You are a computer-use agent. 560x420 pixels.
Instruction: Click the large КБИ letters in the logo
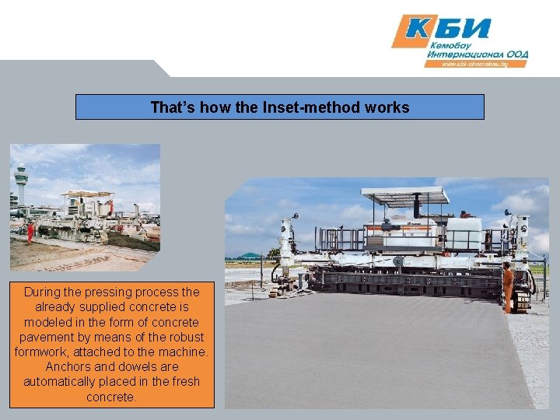(x=450, y=29)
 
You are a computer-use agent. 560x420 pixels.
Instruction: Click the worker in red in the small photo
(x=30, y=232)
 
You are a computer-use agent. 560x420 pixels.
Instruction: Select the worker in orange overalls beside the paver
(x=508, y=286)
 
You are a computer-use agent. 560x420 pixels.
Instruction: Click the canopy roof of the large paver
(x=404, y=194)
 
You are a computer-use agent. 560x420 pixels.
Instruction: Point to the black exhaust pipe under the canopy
(x=416, y=208)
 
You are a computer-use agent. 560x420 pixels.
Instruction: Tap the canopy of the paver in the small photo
(x=87, y=194)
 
